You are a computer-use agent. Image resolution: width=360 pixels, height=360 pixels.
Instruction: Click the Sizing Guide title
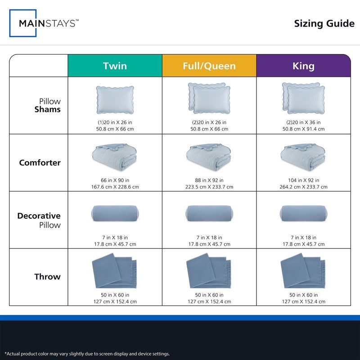324,23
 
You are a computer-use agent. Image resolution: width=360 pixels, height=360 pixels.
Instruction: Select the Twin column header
115,66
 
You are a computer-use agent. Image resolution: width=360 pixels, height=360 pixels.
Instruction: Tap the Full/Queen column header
209,66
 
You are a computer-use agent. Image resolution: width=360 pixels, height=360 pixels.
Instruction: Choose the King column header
303,66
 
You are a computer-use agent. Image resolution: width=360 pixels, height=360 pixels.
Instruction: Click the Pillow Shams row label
48,105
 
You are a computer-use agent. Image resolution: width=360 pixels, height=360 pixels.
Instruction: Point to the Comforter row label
40,162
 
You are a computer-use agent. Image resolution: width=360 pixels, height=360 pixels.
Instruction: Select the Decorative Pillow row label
39,220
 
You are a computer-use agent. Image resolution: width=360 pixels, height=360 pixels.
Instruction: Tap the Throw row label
48,276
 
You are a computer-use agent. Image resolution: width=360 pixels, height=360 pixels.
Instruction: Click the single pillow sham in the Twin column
115,100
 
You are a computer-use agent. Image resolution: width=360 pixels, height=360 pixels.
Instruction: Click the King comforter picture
303,157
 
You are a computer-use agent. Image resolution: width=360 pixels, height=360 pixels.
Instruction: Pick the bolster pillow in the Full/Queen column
209,213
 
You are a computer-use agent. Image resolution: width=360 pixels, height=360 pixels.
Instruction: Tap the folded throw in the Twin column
114,271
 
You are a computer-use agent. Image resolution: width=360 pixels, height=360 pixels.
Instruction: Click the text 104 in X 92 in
303,180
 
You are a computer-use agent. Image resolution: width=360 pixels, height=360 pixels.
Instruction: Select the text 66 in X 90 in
115,180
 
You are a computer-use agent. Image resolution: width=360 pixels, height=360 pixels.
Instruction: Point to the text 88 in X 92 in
209,180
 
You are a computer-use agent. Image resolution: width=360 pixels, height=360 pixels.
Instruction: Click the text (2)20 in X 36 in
303,122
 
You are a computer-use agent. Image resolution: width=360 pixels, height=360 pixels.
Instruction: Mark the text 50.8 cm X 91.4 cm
303,129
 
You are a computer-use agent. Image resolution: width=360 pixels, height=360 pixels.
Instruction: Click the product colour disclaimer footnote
87,354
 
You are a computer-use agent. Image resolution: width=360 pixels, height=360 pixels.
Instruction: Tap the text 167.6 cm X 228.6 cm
115,187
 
